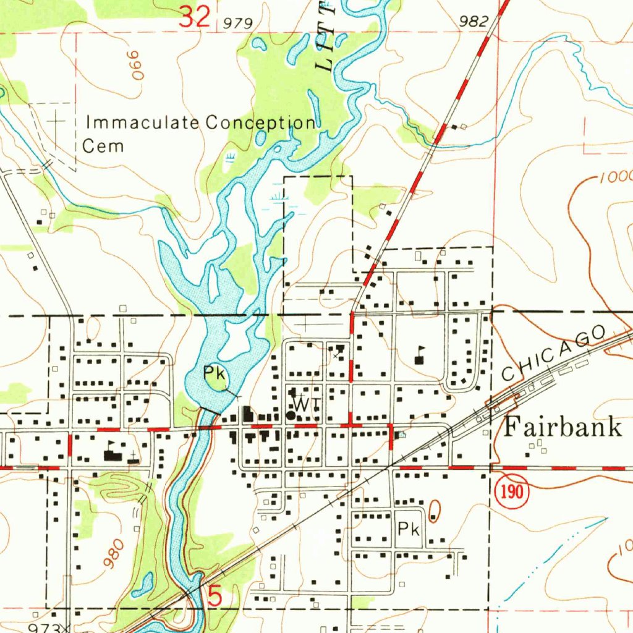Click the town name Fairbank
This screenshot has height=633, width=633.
(x=563, y=427)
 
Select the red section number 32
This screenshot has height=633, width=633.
(x=195, y=17)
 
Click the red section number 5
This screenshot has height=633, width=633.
(x=215, y=597)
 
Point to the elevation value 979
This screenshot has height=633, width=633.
(x=239, y=23)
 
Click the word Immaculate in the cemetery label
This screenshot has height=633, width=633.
(x=144, y=122)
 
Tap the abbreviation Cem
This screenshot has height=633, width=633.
(x=103, y=147)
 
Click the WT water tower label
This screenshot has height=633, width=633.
(x=307, y=404)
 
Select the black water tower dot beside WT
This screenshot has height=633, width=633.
(x=291, y=416)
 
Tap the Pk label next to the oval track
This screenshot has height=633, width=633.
(x=409, y=529)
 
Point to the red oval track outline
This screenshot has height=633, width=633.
(x=435, y=509)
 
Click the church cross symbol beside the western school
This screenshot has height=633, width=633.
(x=132, y=456)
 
